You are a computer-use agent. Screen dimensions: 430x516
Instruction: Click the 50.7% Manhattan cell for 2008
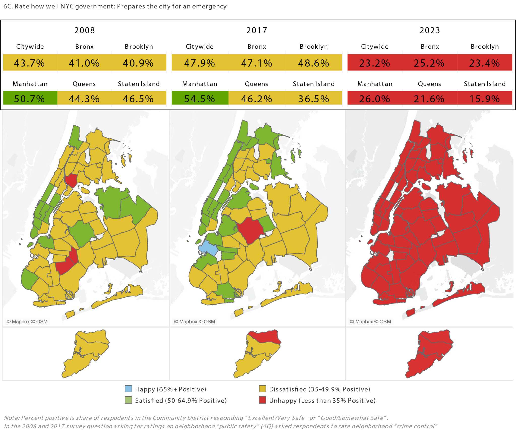click(30, 99)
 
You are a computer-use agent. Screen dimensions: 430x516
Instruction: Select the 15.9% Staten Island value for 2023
click(485, 99)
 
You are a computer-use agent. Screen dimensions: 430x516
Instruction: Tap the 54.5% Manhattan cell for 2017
click(200, 99)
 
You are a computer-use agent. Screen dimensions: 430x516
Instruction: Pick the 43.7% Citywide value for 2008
click(30, 63)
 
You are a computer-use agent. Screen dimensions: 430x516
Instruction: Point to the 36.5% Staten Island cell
click(314, 99)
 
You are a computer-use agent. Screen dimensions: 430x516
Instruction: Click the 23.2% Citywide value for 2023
click(375, 63)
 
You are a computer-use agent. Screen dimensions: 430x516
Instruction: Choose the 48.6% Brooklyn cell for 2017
click(314, 63)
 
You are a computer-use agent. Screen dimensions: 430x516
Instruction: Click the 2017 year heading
click(257, 30)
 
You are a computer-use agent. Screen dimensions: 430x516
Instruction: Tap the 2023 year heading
click(430, 30)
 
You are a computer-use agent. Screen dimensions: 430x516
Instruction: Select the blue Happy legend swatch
click(128, 389)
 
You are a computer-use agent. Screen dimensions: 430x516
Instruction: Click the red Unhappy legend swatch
click(263, 400)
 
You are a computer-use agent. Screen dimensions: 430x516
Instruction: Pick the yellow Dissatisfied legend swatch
click(263, 389)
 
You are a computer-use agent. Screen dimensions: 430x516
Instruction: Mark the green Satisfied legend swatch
click(128, 400)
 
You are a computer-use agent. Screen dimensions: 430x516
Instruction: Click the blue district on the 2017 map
click(208, 248)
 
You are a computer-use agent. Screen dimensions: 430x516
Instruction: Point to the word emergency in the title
click(209, 6)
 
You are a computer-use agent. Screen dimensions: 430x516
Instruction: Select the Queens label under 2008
click(84, 84)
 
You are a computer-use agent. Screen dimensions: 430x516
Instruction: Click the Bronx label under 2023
click(430, 47)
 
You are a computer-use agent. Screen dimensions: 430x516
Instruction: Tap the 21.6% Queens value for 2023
click(429, 99)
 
